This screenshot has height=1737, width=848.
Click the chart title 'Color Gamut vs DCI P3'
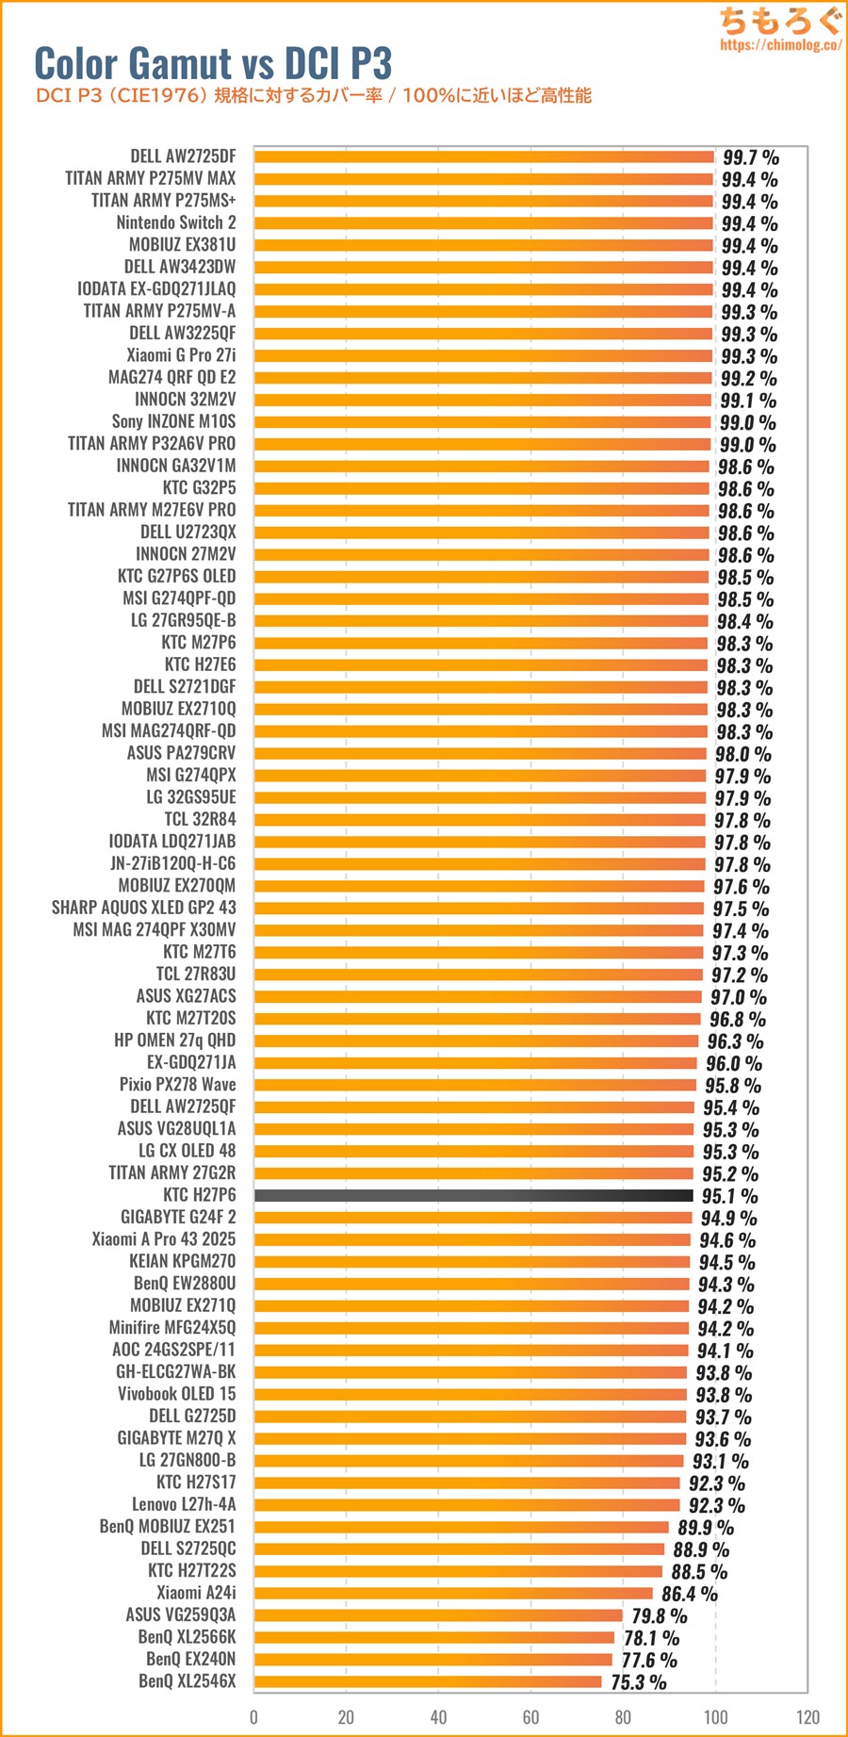(213, 63)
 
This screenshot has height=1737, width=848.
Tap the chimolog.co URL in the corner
(780, 44)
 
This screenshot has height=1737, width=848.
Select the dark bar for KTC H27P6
(474, 1195)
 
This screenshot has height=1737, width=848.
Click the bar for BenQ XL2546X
(428, 1681)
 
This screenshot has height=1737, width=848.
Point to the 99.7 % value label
(750, 157)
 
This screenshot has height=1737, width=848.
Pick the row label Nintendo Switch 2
(176, 222)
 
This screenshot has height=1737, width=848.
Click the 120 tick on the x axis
(807, 1716)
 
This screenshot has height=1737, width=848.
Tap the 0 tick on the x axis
(253, 1716)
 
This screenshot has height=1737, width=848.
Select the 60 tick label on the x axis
(530, 1716)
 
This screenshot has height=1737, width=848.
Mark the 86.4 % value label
(689, 1594)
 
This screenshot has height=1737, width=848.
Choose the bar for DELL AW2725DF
(484, 156)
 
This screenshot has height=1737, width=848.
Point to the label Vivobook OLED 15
(176, 1394)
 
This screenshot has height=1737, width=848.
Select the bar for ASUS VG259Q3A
(438, 1615)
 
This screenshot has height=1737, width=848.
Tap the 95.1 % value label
(729, 1196)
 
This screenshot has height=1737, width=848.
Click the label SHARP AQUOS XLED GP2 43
(143, 908)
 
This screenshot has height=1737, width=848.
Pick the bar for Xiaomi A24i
(453, 1593)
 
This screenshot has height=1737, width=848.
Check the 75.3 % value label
(638, 1682)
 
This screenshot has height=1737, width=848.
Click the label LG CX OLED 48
(187, 1151)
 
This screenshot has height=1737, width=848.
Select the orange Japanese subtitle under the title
(313, 95)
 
